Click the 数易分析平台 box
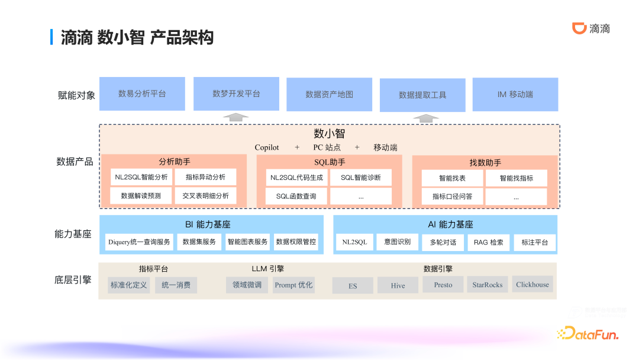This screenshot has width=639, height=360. pyautogui.click(x=142, y=94)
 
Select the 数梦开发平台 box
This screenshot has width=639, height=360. pyautogui.click(x=236, y=94)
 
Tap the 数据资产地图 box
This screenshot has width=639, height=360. pyautogui.click(x=329, y=94)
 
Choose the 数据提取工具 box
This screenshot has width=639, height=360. pyautogui.click(x=422, y=95)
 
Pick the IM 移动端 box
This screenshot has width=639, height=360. pyautogui.click(x=515, y=94)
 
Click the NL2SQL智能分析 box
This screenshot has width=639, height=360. pyautogui.click(x=141, y=177)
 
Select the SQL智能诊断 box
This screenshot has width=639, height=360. pyautogui.click(x=361, y=178)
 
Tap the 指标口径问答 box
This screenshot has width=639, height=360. pyautogui.click(x=452, y=197)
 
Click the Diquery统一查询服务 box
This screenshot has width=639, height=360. pyautogui.click(x=139, y=242)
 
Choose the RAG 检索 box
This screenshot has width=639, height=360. pyautogui.click(x=489, y=242)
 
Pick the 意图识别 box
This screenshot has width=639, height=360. pyautogui.click(x=397, y=242)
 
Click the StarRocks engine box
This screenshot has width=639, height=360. pyautogui.click(x=488, y=285)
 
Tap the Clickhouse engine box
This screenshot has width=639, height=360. pyautogui.click(x=532, y=284)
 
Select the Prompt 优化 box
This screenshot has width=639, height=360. pyautogui.click(x=293, y=285)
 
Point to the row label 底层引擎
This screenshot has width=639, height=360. pyautogui.click(x=73, y=280)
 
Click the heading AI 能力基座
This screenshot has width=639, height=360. pyautogui.click(x=450, y=225)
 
